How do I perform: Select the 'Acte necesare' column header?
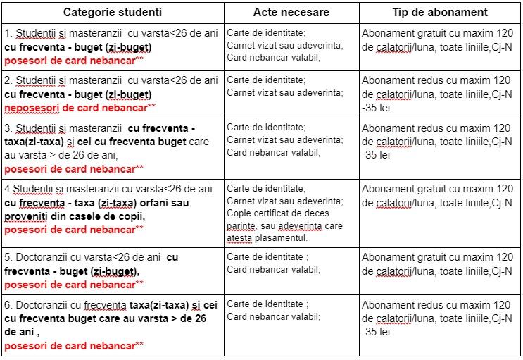290,13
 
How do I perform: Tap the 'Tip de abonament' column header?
440,13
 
